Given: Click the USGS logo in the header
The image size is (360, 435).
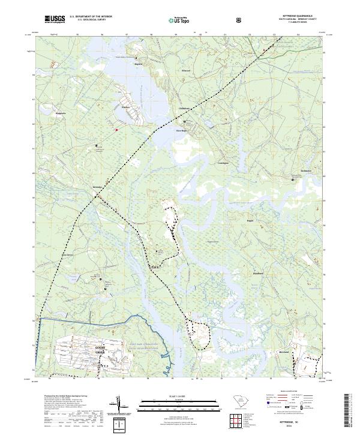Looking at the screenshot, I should click(55, 19).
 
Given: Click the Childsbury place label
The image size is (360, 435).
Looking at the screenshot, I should click(184, 108).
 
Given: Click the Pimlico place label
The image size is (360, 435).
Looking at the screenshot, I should click(126, 107).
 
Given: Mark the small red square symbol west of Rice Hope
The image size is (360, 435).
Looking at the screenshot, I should click(117, 129).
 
